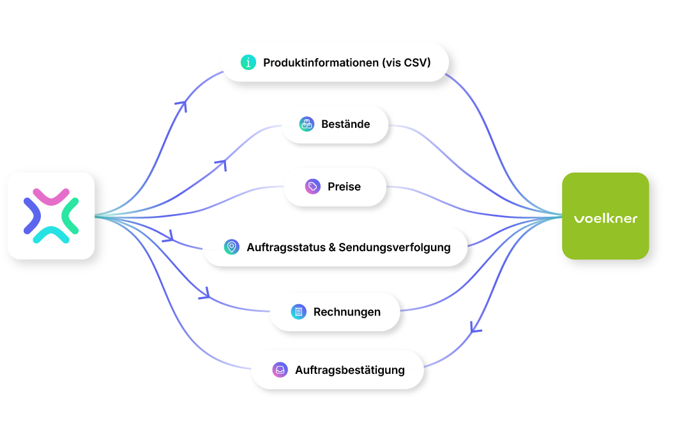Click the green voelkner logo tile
click(605, 216)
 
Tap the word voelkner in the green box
click(605, 219)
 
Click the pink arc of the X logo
click(51, 196)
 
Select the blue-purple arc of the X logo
click(32, 216)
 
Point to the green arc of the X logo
click(70, 216)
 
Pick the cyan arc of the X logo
click(51, 235)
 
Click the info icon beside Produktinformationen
click(248, 63)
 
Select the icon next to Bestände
click(307, 124)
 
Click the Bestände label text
click(345, 124)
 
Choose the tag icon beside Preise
click(313, 187)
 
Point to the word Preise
click(344, 187)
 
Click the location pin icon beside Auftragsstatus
click(232, 247)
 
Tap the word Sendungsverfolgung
click(394, 247)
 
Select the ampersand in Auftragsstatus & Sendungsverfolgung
click(332, 247)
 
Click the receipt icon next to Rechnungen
click(299, 311)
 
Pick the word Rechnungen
click(347, 312)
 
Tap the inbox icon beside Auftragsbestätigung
click(280, 370)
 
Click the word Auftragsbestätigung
click(350, 370)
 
